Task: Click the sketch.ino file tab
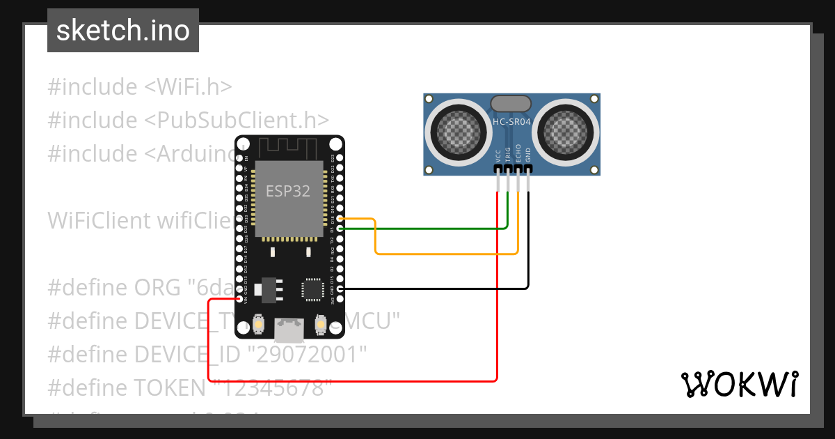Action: click(123, 31)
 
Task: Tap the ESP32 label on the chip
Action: click(288, 190)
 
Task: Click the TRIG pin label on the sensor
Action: click(508, 155)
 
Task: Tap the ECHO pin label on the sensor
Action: click(518, 155)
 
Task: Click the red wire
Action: click(497, 314)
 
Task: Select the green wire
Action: click(431, 228)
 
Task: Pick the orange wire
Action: click(445, 254)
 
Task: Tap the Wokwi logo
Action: click(740, 384)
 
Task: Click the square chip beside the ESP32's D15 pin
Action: click(312, 289)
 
